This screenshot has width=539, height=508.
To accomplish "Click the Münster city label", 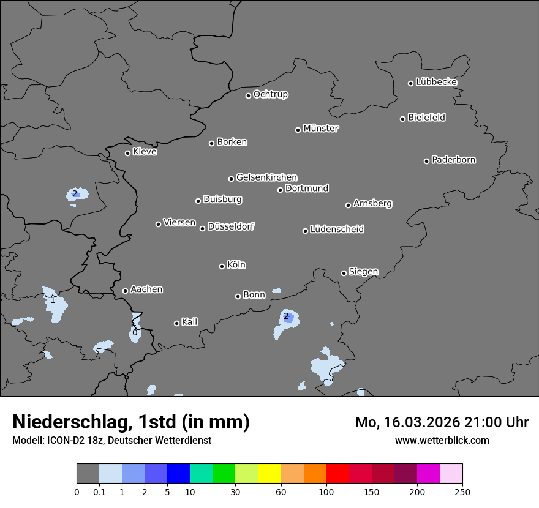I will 321,129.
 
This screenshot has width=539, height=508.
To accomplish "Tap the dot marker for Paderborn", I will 427,161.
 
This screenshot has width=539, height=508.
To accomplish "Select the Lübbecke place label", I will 436,82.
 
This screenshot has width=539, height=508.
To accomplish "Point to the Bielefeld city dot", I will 403,119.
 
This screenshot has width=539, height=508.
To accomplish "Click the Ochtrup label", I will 271,94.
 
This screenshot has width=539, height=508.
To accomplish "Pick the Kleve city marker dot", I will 128,153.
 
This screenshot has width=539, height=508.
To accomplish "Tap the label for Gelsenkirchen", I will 266,177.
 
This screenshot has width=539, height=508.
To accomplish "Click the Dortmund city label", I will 307,189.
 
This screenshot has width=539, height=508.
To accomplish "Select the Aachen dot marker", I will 126,291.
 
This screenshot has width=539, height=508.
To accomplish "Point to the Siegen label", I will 363,272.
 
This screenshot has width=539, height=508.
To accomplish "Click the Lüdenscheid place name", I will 337,230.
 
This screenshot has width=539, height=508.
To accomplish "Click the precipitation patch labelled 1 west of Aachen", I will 54,303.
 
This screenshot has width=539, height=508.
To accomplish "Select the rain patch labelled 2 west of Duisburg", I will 77,195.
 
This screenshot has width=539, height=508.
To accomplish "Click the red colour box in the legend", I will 337,474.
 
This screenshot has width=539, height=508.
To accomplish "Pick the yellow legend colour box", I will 269,474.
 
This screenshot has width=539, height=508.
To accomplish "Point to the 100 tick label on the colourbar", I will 326,491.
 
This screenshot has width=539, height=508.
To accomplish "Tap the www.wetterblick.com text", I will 442,440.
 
